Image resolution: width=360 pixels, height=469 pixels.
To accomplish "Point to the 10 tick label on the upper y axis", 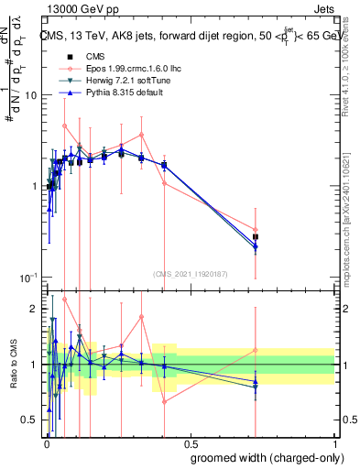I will click(30, 96).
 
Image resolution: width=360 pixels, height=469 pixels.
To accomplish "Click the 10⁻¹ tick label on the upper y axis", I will click(28, 278).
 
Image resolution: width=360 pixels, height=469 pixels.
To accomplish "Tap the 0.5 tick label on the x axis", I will click(190, 442).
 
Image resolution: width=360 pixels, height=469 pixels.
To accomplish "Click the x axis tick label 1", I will click(334, 442).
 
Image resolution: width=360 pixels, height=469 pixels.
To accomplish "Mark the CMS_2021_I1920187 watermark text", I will click(190, 274).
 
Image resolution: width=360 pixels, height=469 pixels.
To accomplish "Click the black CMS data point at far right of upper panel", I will click(256, 237).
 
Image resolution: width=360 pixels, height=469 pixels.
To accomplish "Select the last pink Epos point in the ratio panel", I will click(256, 350).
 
